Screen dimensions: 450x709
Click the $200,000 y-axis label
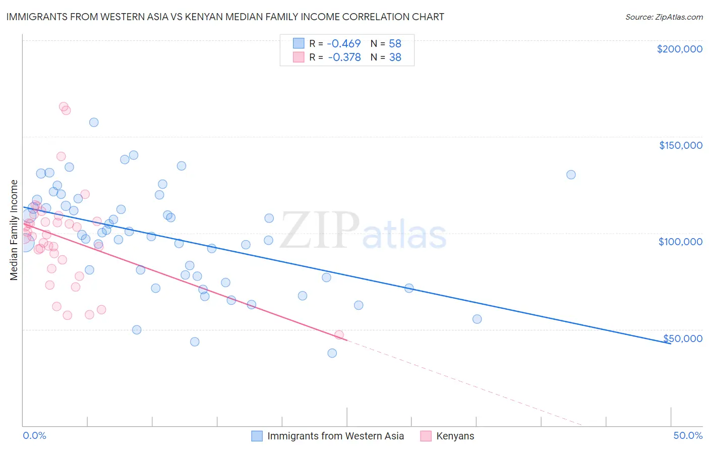679,49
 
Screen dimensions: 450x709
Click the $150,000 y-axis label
680,145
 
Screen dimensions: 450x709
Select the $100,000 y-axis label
680,242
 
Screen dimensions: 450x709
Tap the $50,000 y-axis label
682,338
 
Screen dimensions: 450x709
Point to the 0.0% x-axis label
34,435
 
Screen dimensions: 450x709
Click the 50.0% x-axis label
688,435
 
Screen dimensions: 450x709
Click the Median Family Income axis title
14,230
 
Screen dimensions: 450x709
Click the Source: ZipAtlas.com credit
664,17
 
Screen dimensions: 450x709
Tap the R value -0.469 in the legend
344,44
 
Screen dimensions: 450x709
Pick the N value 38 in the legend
395,58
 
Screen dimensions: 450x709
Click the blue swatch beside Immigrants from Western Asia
257,436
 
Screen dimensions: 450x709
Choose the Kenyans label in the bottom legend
455,436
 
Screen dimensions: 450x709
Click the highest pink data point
64,107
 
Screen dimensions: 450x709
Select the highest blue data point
94,122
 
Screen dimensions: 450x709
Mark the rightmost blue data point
571,175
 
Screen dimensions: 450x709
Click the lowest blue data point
332,353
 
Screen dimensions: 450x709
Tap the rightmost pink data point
339,335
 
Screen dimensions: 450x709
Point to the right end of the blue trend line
670,343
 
